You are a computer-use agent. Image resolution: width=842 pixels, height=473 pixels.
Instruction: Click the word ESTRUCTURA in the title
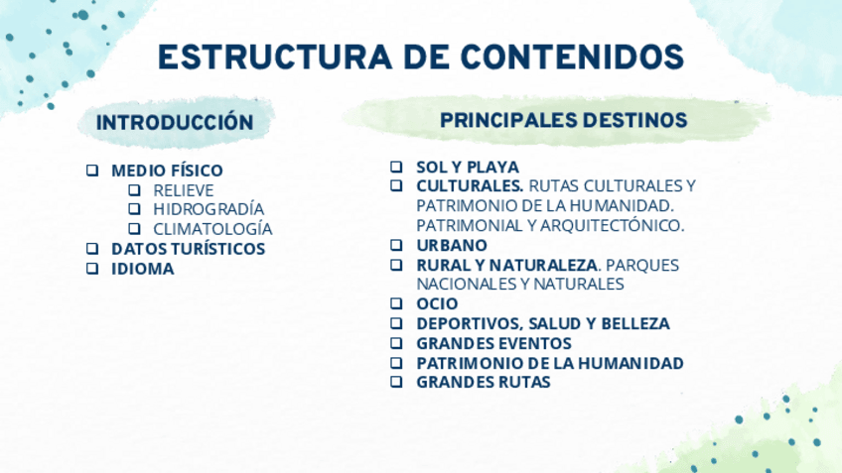tap(275, 57)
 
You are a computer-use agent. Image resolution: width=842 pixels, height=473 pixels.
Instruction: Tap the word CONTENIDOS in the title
tap(573, 57)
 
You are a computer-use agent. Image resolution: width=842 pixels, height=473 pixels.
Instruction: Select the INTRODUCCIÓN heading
tap(175, 122)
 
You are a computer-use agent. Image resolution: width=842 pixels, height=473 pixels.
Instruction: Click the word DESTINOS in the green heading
tap(634, 120)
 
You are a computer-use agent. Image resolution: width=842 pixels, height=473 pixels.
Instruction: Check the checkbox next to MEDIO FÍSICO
tap(92, 170)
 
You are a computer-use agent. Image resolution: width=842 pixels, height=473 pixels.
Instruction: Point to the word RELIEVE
tap(183, 190)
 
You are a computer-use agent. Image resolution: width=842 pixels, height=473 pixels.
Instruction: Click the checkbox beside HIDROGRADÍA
tap(134, 208)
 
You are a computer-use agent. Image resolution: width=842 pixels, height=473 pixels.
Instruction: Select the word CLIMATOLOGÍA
tap(212, 229)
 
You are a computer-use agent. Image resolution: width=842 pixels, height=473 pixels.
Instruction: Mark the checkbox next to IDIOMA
tap(92, 268)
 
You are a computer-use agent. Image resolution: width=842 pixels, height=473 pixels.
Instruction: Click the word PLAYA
tap(494, 168)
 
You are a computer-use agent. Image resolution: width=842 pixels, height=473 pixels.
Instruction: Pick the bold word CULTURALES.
tap(470, 186)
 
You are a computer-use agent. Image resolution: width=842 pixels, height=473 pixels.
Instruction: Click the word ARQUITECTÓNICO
tap(613, 225)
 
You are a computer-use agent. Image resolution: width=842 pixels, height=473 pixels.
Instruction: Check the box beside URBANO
tap(396, 245)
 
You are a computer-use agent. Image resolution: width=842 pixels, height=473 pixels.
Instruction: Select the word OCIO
tap(437, 304)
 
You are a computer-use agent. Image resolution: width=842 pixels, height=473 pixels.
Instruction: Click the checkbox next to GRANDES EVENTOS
tap(396, 342)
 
